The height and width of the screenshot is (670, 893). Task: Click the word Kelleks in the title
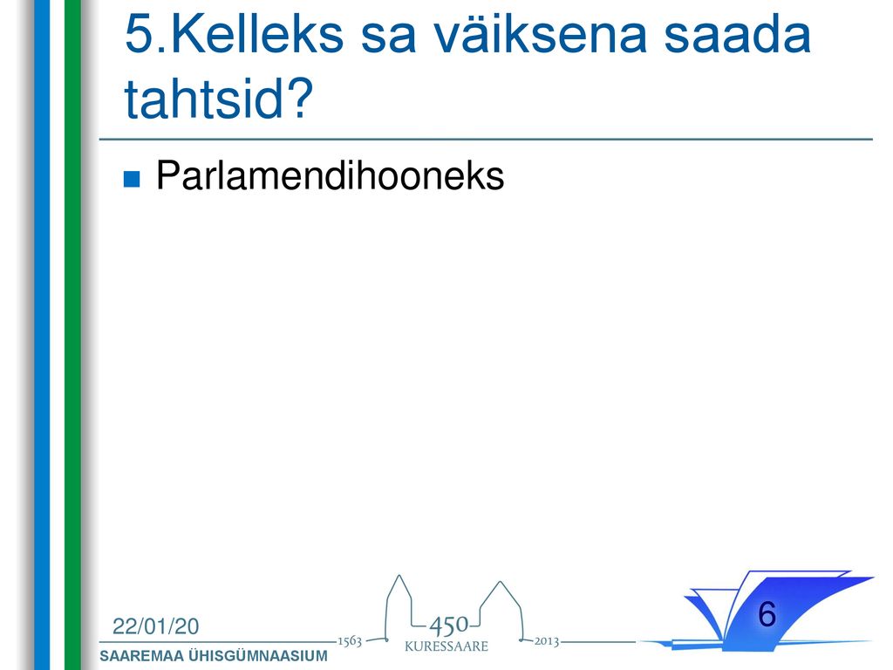[256, 34]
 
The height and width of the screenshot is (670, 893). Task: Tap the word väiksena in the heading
[540, 34]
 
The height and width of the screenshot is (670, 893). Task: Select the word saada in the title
[737, 34]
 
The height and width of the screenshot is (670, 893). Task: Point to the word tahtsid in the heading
[203, 98]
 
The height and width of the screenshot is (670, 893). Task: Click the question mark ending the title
[299, 98]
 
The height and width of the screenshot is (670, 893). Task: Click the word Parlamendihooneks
[331, 174]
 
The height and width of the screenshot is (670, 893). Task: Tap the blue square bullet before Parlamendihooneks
[132, 179]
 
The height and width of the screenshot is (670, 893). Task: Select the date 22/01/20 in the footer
[155, 626]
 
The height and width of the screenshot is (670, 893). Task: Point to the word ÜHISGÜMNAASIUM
[258, 656]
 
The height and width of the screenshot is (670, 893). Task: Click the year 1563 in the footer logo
[350, 641]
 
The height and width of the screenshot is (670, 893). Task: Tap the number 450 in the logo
[449, 626]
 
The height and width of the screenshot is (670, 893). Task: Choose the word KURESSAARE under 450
[446, 646]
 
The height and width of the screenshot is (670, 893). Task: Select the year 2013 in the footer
[546, 641]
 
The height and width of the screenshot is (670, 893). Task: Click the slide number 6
[767, 614]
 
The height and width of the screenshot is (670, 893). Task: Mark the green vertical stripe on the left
[73, 335]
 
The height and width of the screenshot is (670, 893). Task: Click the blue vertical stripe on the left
[42, 335]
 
